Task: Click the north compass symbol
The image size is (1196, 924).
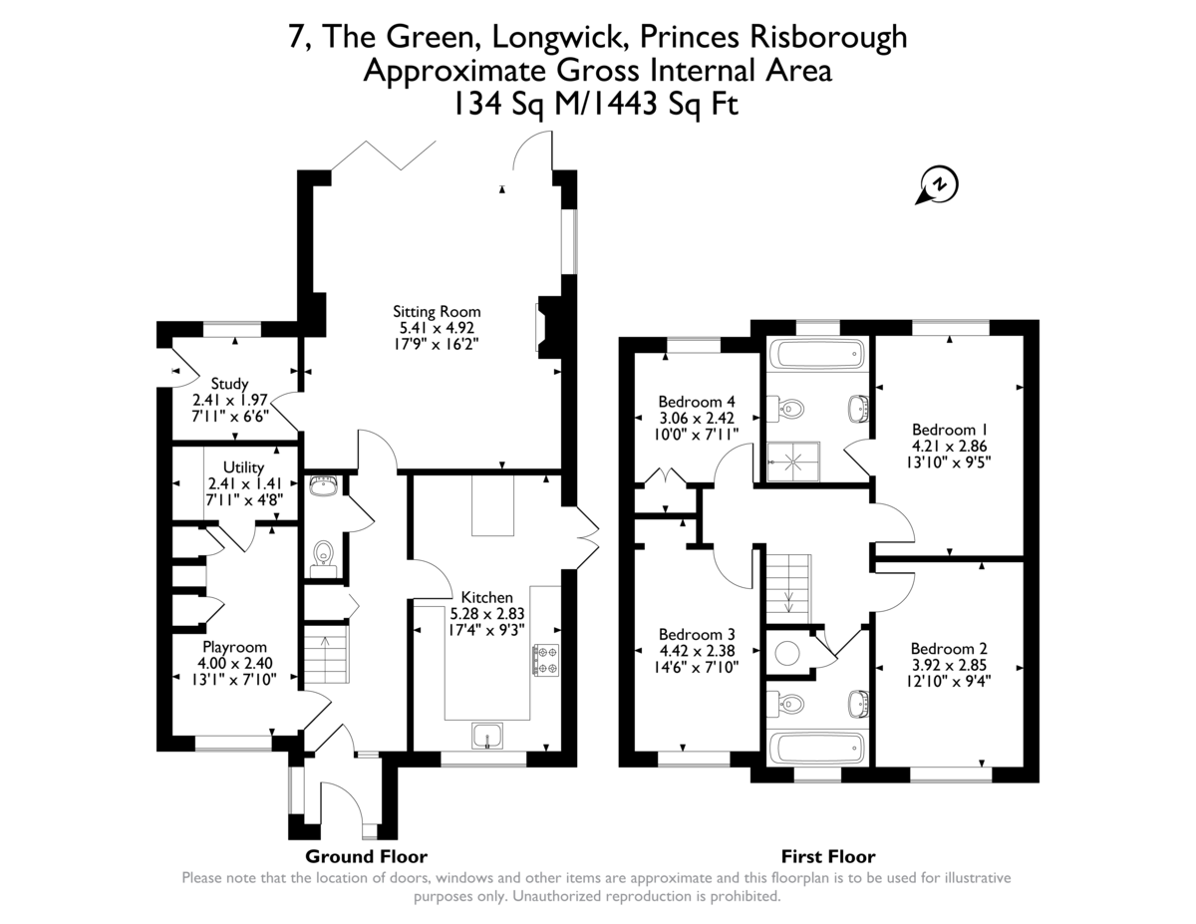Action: click(937, 185)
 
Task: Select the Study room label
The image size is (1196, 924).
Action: click(229, 383)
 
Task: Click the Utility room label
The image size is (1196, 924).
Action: click(243, 466)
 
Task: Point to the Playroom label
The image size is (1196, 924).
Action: click(234, 647)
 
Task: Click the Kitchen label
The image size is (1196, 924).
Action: click(487, 597)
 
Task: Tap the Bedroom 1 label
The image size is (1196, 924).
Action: click(948, 431)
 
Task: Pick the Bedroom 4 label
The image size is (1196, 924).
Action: click(697, 402)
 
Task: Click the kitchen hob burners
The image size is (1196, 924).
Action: click(546, 661)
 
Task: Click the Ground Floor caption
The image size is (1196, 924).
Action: click(366, 856)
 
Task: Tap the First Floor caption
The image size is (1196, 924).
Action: click(828, 856)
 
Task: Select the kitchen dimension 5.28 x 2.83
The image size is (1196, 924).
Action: click(487, 613)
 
